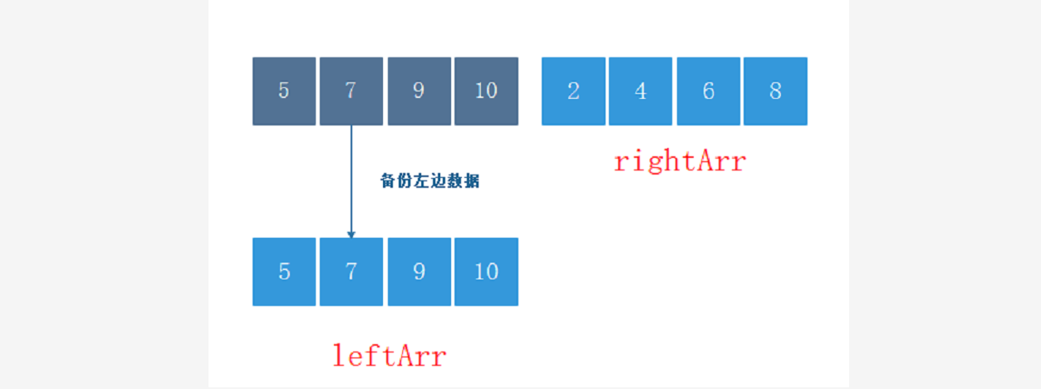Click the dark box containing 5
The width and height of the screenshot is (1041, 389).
284,91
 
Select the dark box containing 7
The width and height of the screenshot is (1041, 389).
351,91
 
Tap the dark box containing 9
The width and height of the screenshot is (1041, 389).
419,91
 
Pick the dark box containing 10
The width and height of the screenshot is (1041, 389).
486,91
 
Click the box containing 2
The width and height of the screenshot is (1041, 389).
573,91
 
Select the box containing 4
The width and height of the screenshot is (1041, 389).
641,91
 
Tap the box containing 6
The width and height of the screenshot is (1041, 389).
708,91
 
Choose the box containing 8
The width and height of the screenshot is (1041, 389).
775,91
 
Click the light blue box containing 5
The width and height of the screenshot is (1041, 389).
284,272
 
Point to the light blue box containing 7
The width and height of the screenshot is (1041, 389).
351,272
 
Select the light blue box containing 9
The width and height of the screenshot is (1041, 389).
419,272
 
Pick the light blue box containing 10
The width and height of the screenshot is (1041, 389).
486,272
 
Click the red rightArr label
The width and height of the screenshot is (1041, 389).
680,161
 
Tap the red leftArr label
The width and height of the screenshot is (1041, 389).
390,356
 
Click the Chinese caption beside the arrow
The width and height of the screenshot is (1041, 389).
430,181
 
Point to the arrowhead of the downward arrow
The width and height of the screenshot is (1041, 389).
351,234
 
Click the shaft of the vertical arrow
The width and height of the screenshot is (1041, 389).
351,175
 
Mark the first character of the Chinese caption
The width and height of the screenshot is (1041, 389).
388,181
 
